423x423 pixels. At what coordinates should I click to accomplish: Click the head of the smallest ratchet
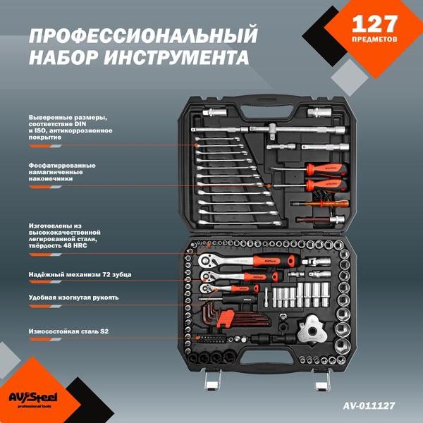(x=207, y=289)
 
